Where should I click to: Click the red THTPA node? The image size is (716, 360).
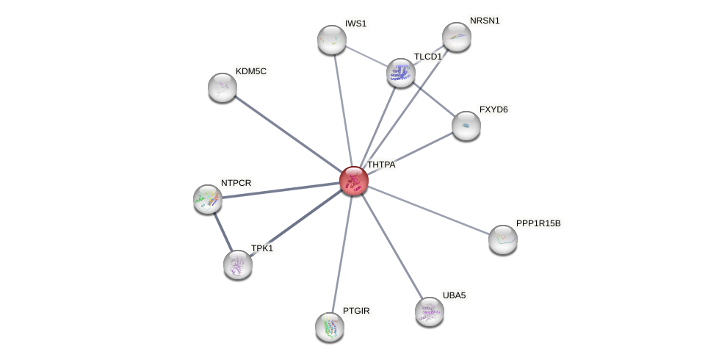(353, 180)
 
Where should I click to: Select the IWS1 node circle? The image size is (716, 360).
(331, 40)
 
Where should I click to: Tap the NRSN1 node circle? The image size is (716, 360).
(456, 37)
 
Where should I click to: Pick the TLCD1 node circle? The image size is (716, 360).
(400, 72)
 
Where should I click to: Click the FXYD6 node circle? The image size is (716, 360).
(466, 126)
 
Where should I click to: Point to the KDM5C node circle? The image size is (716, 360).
(222, 87)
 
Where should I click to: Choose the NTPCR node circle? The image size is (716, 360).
(208, 198)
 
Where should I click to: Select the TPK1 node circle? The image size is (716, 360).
(237, 264)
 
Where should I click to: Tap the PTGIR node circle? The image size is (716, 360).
(329, 326)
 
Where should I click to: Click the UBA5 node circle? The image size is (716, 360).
(429, 311)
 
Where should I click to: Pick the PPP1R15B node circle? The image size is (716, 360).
(502, 239)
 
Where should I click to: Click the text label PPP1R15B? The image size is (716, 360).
(538, 223)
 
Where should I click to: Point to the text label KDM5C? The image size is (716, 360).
(251, 71)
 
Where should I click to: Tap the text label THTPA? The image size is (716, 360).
(381, 165)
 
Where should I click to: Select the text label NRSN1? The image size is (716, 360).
(484, 21)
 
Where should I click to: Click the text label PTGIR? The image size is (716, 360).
(356, 311)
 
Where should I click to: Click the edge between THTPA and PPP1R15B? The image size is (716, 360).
(428, 209)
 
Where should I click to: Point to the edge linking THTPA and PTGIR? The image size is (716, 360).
(341, 253)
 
